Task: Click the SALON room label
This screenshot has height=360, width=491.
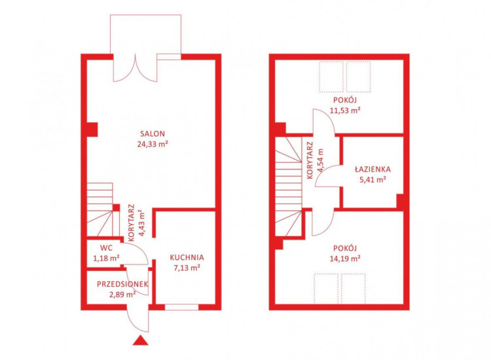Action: tap(152, 134)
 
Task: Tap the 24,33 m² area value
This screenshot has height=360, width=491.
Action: tap(153, 144)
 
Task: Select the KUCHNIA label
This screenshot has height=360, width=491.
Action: tap(187, 257)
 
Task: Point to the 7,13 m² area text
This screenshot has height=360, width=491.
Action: tap(187, 268)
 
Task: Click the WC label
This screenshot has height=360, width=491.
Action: tap(106, 248)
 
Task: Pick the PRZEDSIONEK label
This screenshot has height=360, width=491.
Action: tap(122, 284)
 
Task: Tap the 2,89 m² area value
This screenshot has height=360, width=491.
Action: tap(122, 295)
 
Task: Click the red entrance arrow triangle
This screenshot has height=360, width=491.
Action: tap(140, 340)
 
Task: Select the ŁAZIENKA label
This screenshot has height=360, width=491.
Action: tap(373, 170)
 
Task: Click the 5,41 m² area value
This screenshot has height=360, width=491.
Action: tap(373, 180)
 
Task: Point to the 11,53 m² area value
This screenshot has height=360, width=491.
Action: tap(345, 110)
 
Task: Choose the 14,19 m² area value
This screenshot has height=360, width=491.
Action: tap(345, 259)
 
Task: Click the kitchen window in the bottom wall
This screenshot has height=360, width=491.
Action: tap(181, 307)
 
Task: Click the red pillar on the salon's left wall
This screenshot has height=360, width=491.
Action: tap(92, 130)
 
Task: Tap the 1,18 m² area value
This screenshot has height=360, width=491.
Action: tap(106, 259)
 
